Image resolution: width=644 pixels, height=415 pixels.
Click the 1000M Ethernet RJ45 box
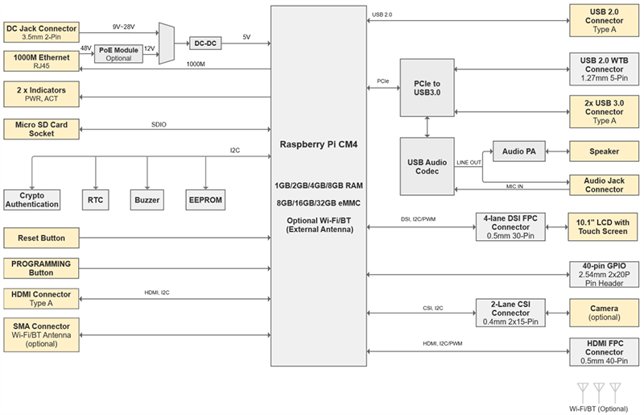pyautogui.click(x=41, y=61)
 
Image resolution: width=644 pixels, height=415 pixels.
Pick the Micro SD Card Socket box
pyautogui.click(x=41, y=129)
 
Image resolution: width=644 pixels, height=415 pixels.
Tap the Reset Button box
pyautogui.click(x=41, y=239)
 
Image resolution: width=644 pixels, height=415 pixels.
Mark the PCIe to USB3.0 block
pyautogui.click(x=426, y=88)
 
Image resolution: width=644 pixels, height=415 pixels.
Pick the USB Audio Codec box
pyautogui.click(x=426, y=166)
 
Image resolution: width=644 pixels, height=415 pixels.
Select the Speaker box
pyautogui.click(x=603, y=150)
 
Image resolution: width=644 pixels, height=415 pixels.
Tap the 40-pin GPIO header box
pyautogui.click(x=603, y=275)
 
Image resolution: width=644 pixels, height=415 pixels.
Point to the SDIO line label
pyautogui.click(x=159, y=124)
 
